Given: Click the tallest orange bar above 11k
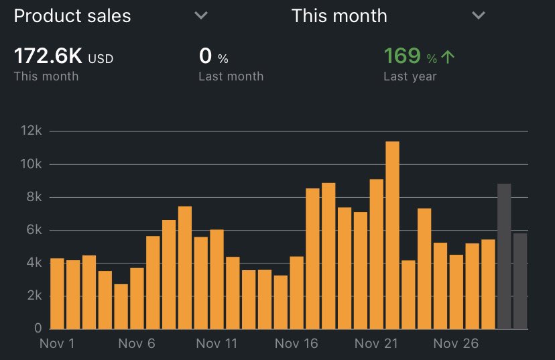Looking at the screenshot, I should pos(392,235).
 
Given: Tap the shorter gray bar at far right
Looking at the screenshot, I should pos(520,281).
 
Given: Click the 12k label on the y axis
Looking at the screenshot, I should pos(31,131).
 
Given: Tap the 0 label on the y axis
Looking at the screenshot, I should pos(38,328).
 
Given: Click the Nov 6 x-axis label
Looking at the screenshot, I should pos(137,344).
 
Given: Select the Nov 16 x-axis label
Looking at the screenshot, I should pos(296,344).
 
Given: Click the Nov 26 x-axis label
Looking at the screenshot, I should pos(455,344).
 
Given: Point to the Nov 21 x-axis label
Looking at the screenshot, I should pos(376,344).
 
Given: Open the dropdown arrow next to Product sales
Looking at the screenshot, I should pos(201,16).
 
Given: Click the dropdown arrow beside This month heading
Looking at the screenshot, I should pos(478,16).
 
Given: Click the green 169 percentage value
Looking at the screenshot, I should pos(402,56).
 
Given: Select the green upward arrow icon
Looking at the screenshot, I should pos(448,57).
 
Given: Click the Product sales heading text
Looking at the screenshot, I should pos(72,16).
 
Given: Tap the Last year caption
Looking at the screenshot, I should pos(410,76).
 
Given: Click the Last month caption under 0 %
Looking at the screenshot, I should pos(231,76).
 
